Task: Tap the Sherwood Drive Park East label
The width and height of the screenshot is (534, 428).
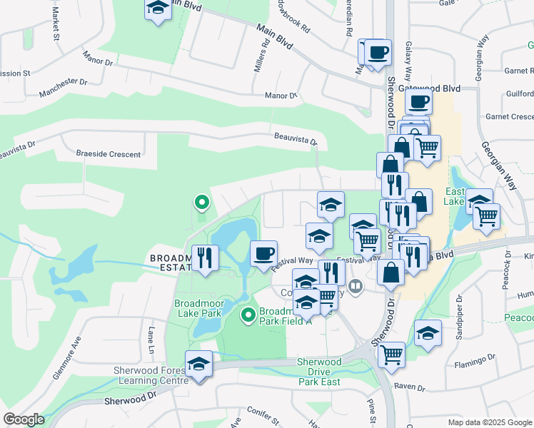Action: coord(319,372)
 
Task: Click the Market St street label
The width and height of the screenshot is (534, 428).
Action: coord(54,27)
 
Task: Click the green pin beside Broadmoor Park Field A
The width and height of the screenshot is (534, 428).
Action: coord(248,314)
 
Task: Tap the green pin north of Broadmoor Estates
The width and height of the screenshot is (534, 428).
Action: coord(202,203)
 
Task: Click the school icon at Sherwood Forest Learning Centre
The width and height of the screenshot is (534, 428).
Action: coord(198,364)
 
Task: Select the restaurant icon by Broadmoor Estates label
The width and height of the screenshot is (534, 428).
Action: coord(206,258)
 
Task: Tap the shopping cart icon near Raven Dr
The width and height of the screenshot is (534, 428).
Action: coord(392,354)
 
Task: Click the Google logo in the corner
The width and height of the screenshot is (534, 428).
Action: coord(24,419)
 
